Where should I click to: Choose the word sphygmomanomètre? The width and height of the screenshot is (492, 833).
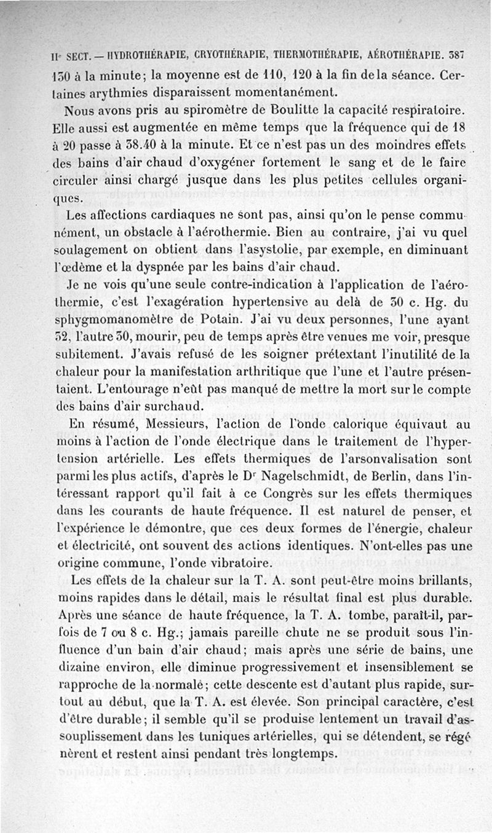[111, 320]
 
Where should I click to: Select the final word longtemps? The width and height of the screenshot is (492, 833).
[305, 755]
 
